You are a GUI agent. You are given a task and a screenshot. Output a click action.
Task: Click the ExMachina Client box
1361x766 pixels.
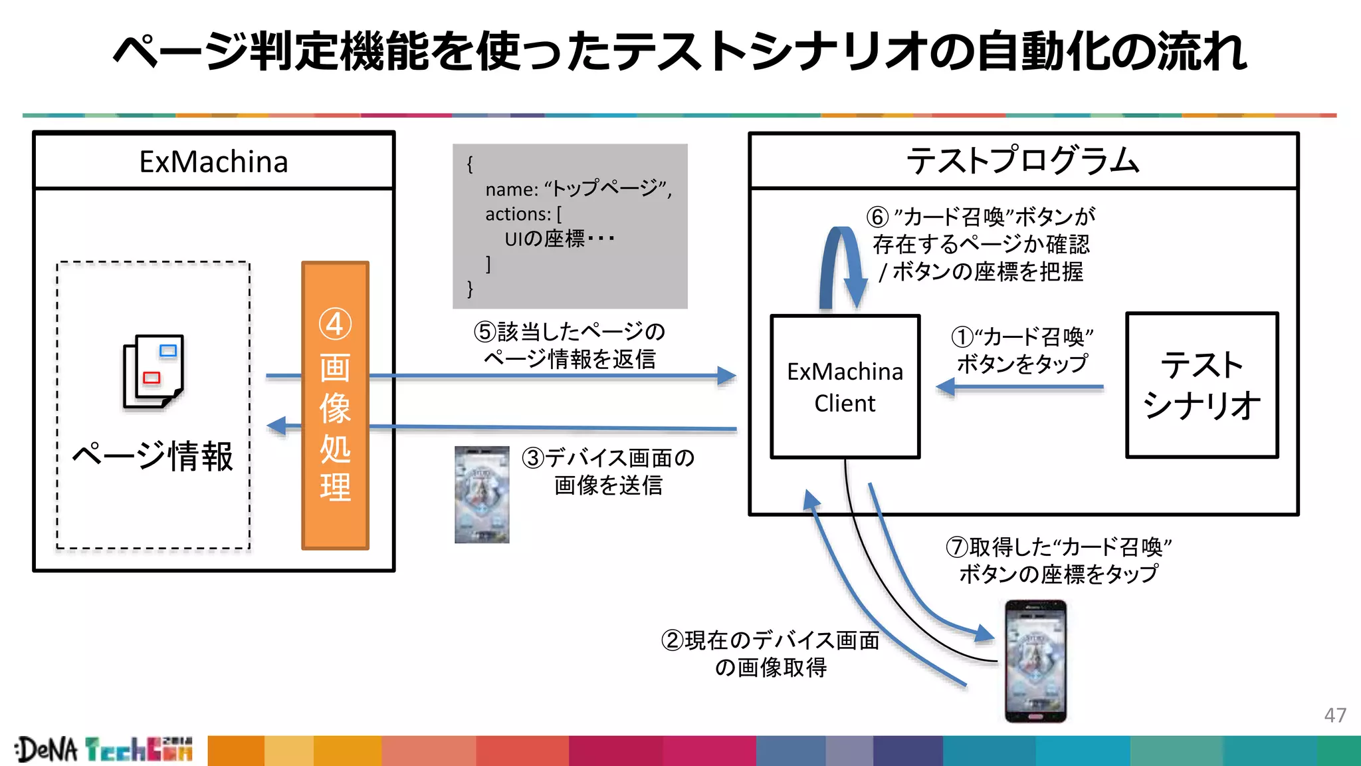845,386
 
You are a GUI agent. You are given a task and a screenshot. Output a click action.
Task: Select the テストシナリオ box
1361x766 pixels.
1202,385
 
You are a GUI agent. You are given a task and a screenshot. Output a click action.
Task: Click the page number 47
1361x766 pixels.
1334,715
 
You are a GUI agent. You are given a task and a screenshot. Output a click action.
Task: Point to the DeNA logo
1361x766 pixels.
47,749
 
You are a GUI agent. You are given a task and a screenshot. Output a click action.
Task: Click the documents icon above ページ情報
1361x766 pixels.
153,371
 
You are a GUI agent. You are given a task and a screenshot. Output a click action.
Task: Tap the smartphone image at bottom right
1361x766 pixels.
1035,661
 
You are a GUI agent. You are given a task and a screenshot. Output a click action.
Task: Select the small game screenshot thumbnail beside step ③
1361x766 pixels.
482,495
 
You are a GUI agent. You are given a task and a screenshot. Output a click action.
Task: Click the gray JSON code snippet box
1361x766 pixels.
570,226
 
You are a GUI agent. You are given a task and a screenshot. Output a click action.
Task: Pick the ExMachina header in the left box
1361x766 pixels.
213,162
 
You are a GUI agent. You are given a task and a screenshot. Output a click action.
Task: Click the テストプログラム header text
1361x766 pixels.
1023,161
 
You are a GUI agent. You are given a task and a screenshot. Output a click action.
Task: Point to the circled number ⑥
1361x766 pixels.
877,217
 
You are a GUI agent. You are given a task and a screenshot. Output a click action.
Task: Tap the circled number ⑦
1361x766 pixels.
956,547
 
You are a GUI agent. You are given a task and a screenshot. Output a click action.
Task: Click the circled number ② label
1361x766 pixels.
672,640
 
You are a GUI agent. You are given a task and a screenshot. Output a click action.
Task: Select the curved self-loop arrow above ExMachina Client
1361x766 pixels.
841,266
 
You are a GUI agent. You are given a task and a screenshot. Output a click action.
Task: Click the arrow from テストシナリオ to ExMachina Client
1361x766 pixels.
1020,386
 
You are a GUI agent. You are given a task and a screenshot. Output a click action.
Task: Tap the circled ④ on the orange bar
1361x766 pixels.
335,324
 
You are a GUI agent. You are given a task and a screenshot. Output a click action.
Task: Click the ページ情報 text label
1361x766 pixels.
153,456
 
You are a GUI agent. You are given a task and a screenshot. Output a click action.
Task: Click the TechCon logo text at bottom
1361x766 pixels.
139,749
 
